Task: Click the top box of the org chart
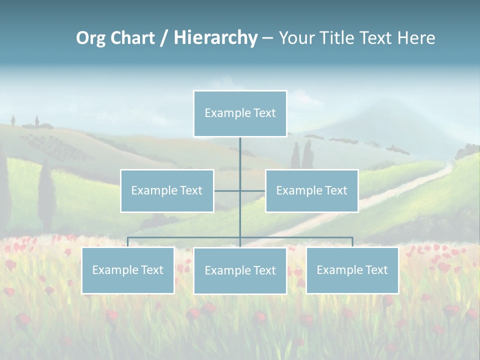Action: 240,113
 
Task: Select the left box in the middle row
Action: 167,190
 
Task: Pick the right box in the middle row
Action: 311,190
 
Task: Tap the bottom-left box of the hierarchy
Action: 127,270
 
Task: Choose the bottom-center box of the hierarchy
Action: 240,270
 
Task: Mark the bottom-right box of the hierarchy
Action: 352,270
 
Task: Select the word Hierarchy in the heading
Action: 215,38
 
